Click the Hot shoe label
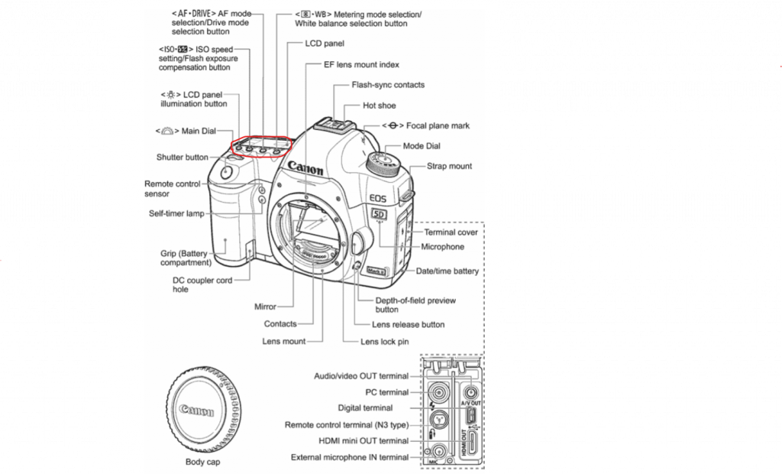pyautogui.click(x=380, y=106)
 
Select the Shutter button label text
pyautogui.click(x=183, y=157)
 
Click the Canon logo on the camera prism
pyautogui.click(x=305, y=166)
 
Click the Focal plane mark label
pyautogui.click(x=438, y=125)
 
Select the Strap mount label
pyautogui.click(x=449, y=166)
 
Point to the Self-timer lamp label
pyautogui.click(x=176, y=213)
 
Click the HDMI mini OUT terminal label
pyautogui.click(x=357, y=440)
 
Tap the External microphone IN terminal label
pyautogui.click(x=350, y=457)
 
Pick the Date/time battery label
pyautogui.click(x=448, y=271)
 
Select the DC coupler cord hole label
pyautogui.click(x=202, y=285)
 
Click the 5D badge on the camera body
pyautogui.click(x=380, y=215)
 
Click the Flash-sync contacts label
pyautogui.click(x=388, y=85)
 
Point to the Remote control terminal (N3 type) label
pyautogui.click(x=347, y=424)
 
